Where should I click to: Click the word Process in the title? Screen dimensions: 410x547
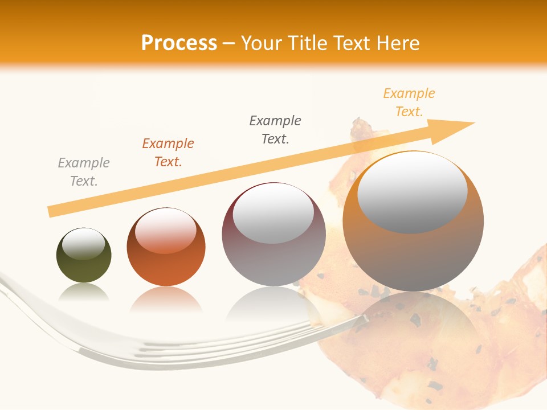pos(179,43)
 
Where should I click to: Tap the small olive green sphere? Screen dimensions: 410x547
pos(84,256)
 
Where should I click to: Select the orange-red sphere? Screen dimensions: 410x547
pos(166,247)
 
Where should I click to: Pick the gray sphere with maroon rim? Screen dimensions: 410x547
pos(273,235)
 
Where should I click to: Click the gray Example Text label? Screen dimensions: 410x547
pos(84,172)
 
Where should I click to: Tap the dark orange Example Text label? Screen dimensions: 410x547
pos(168,153)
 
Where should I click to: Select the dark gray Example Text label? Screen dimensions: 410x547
pos(275,130)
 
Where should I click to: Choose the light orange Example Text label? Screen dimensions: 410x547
pos(409,102)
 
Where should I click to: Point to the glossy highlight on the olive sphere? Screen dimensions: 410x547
pos(84,243)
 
